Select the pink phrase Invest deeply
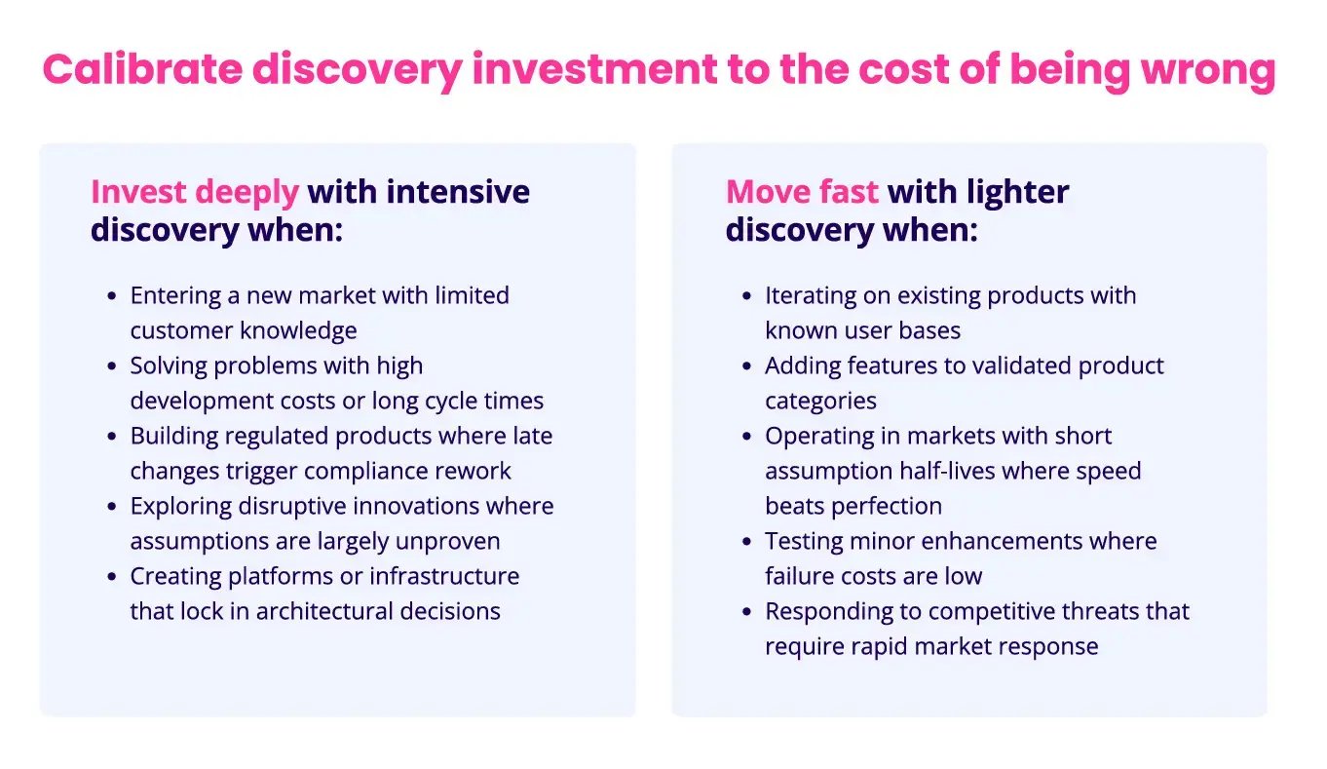194,192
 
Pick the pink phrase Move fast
802,192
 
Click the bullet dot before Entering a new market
111,296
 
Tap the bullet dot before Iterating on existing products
746,296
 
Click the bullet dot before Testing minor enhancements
746,542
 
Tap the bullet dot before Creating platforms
111,577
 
